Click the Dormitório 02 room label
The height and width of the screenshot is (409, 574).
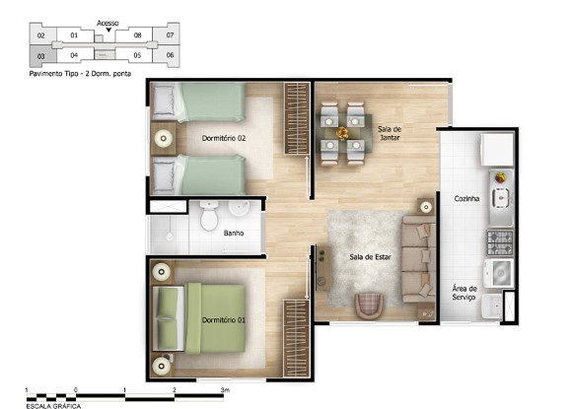(224, 138)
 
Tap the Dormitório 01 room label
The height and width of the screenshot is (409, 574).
(224, 320)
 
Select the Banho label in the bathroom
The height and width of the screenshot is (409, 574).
(234, 233)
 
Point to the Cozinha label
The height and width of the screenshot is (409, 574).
(466, 199)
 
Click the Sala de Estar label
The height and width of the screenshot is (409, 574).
(370, 257)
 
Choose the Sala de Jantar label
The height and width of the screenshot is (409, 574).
(390, 133)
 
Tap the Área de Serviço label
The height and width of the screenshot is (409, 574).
(465, 293)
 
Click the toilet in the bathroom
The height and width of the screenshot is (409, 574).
(209, 216)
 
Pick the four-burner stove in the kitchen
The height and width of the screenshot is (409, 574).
(500, 242)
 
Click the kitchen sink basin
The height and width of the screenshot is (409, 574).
(501, 198)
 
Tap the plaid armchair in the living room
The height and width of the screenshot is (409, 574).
(370, 305)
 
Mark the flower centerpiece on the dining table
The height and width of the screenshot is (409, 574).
(342, 133)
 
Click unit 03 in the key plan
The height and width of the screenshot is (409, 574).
(42, 56)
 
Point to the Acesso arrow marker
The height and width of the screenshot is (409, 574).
(108, 30)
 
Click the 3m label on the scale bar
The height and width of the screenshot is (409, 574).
(225, 390)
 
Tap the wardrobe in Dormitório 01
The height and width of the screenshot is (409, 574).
(297, 339)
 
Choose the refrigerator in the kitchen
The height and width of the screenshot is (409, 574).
(497, 150)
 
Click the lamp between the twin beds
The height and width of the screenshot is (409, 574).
(164, 139)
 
